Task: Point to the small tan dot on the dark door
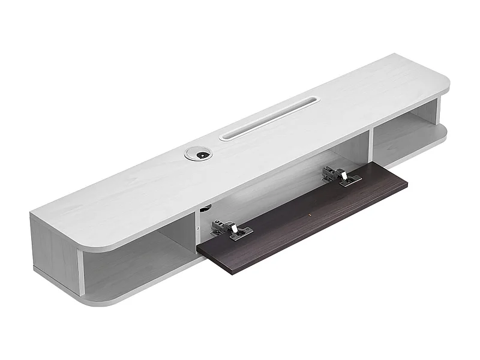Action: (x=309, y=214)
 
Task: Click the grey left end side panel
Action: (x=54, y=252)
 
